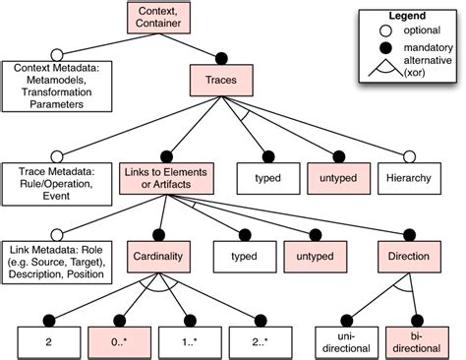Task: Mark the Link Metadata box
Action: (57, 260)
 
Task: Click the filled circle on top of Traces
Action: (219, 56)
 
